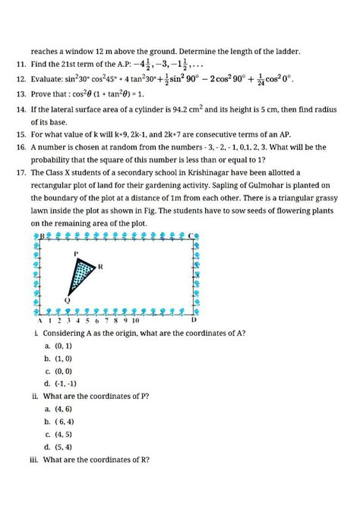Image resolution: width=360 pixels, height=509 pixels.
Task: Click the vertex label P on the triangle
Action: point(76,252)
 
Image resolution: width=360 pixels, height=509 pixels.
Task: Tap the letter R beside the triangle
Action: point(101,267)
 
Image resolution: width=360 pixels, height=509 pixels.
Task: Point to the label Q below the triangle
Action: point(67,300)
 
